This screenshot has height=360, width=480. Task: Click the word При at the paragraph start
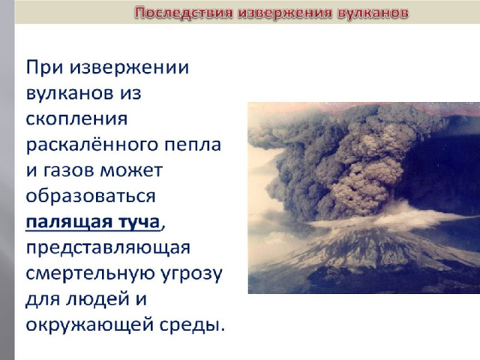(45, 68)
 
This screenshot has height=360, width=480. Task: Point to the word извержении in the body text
(129, 68)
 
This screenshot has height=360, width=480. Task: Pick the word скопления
(76, 119)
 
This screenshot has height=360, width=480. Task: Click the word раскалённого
(92, 145)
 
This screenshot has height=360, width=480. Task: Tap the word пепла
(193, 145)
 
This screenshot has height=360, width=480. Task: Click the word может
(131, 171)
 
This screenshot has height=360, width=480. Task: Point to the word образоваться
(91, 196)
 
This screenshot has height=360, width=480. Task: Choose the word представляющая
(108, 248)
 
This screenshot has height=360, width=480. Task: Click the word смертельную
(91, 274)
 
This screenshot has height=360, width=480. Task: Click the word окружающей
(89, 325)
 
